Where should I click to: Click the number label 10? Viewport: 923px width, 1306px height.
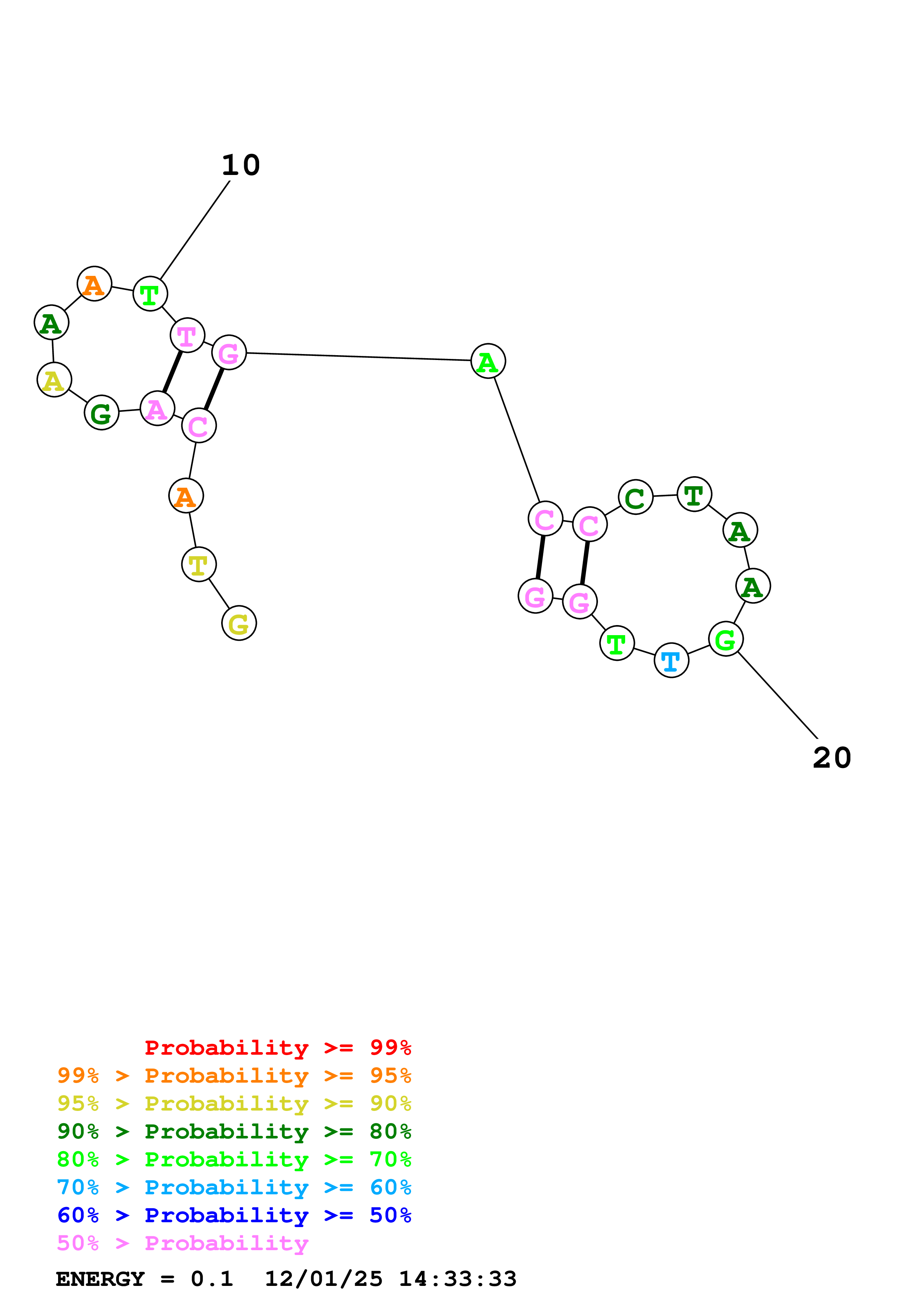[x=241, y=166]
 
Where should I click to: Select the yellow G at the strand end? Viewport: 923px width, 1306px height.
[x=239, y=624]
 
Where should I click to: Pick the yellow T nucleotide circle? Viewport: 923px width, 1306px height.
[x=198, y=565]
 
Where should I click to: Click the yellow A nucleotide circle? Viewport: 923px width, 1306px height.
[x=54, y=380]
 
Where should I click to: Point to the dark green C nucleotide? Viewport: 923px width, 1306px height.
[x=635, y=497]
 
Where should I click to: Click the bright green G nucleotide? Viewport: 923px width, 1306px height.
[x=726, y=639]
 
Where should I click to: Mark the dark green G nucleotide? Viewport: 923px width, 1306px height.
[x=101, y=413]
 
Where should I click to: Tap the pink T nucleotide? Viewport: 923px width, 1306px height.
[x=187, y=335]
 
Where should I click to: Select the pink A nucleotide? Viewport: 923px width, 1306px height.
[x=157, y=408]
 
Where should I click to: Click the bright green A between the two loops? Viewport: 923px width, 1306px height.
[x=488, y=361]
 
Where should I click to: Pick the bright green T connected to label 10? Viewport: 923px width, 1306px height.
[x=150, y=294]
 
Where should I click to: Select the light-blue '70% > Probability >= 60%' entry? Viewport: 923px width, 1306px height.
[x=234, y=1188]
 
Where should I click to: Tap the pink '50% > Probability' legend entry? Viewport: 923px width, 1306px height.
[x=182, y=1243]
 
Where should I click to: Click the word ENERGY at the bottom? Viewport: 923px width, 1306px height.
[x=100, y=1279]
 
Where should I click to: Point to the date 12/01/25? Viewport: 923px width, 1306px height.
[x=324, y=1279]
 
